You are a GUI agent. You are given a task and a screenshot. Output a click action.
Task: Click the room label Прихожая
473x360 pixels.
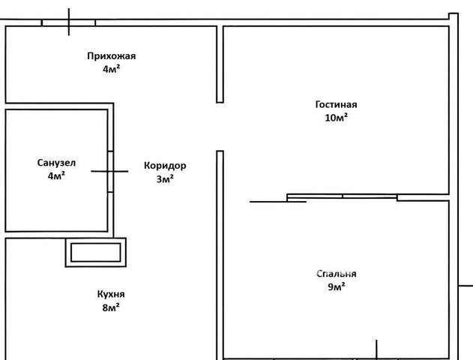pos(111,55)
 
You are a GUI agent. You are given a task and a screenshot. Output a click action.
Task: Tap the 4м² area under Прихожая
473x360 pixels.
pos(111,68)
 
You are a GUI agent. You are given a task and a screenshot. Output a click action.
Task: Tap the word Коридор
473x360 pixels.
pos(165,166)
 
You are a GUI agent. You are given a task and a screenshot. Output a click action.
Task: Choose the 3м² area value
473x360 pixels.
pos(165,179)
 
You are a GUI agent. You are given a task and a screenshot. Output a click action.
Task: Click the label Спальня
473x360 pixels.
pos(336,274)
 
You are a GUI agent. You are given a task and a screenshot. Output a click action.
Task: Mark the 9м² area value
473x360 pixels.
pos(336,287)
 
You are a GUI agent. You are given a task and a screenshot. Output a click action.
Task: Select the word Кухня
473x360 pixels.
pos(111,294)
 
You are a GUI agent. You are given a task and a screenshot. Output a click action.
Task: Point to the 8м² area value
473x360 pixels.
pos(111,307)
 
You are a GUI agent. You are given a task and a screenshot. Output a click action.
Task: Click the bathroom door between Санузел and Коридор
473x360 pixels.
pos(110,171)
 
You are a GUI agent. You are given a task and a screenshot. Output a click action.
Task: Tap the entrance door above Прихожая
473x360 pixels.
pos(69,22)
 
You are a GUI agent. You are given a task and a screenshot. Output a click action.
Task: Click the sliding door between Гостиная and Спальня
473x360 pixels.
pos(342,197)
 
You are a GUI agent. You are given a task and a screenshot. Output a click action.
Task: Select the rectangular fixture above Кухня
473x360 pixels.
pos(96,252)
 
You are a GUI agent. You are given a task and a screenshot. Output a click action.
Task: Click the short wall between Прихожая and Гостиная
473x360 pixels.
pos(220,64)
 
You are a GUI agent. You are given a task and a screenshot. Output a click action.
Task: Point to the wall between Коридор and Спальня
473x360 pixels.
pos(220,255)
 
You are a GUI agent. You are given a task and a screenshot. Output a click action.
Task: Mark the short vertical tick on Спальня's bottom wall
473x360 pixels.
pos(376,349)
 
